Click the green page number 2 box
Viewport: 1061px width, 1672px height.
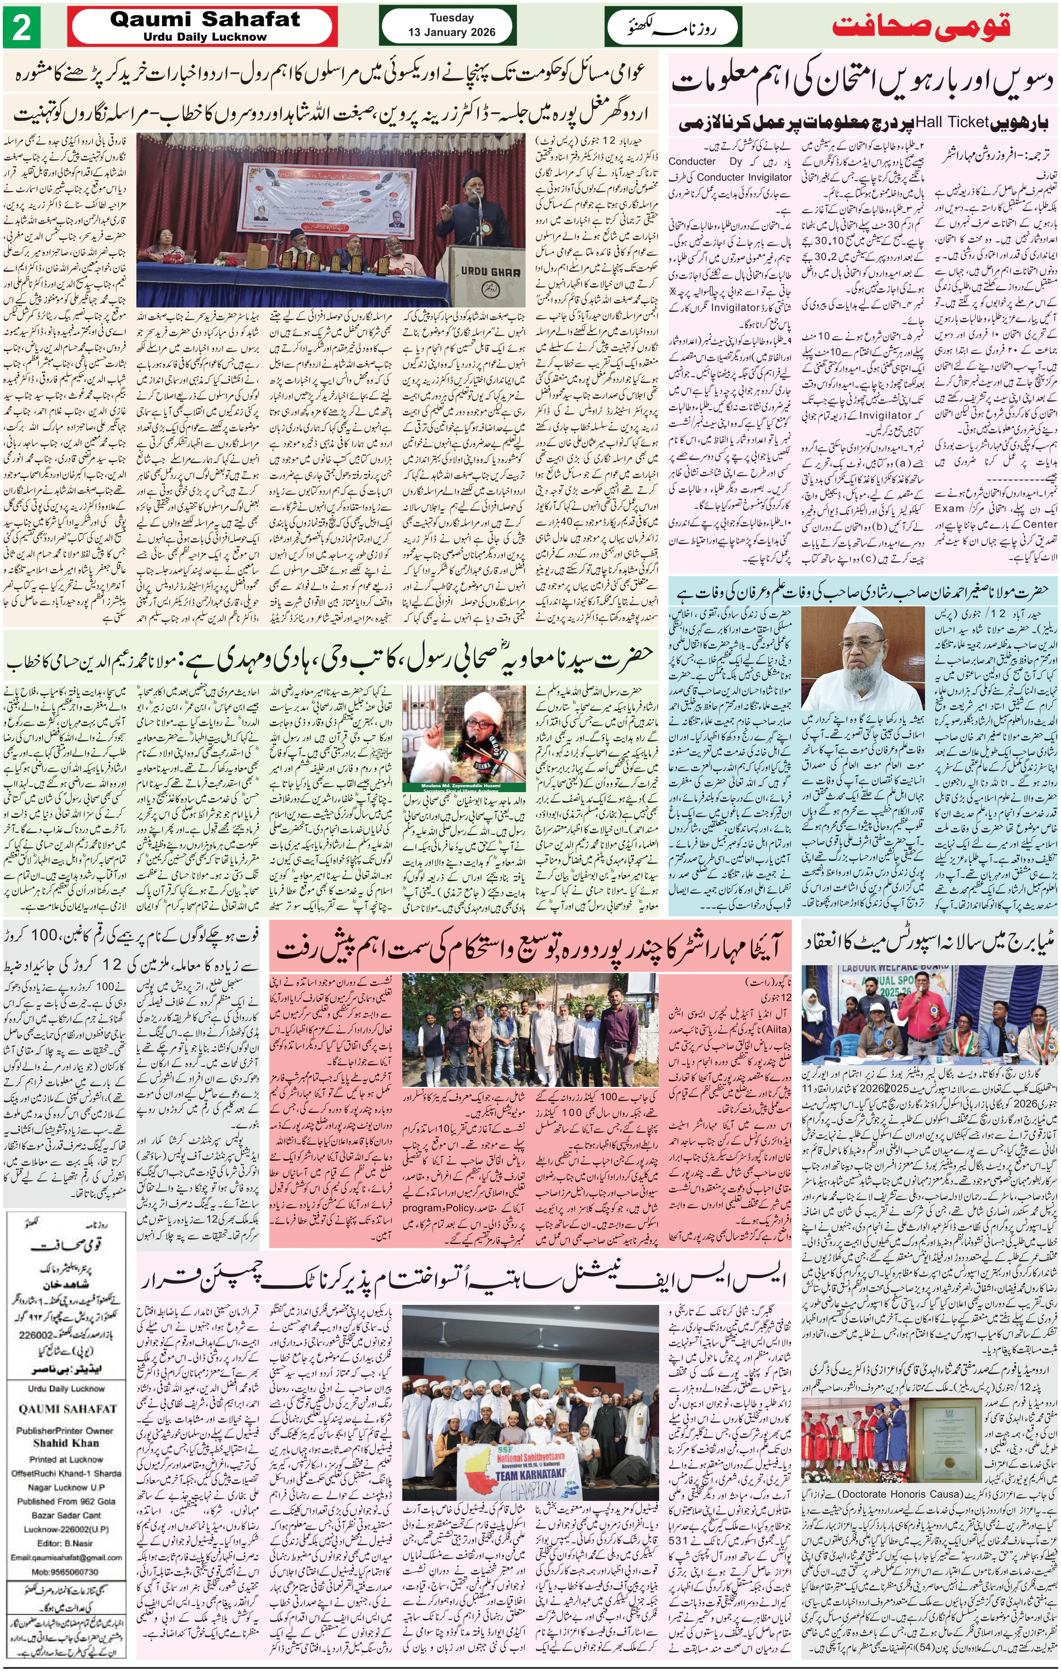[x=22, y=29]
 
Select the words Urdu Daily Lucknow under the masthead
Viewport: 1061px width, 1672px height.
[x=205, y=37]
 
